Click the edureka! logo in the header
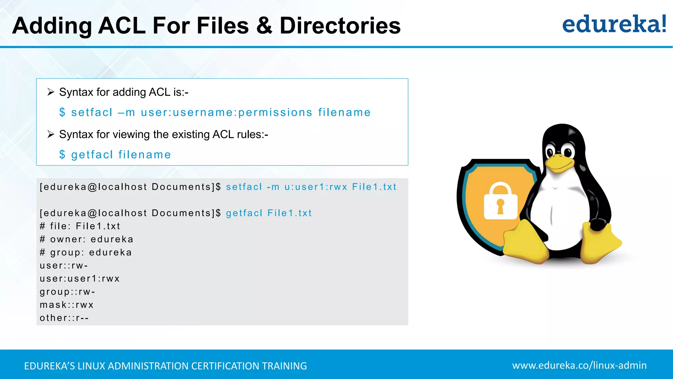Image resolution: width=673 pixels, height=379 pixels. [x=614, y=24]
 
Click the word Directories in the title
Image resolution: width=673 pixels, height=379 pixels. [x=340, y=26]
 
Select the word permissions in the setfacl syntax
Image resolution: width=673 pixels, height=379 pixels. [x=275, y=113]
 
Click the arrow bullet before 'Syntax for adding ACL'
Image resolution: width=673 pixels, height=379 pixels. [x=51, y=92]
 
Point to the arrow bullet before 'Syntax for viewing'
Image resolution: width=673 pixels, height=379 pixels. [x=51, y=134]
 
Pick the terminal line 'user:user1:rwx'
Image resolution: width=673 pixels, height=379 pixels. [x=80, y=279]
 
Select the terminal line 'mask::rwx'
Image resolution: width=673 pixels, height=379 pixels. [x=67, y=305]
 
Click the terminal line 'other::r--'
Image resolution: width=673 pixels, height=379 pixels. [x=64, y=318]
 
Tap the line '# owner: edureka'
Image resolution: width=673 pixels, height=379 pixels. [x=86, y=239]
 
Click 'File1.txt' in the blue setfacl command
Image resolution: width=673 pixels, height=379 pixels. [x=374, y=187]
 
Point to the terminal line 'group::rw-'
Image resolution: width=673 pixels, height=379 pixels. [x=67, y=292]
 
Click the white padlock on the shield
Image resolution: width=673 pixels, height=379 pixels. [x=500, y=201]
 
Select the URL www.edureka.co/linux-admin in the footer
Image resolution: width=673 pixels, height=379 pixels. [x=579, y=365]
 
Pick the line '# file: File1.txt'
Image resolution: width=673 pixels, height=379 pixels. [x=80, y=226]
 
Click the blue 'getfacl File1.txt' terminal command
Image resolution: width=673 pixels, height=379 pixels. [x=268, y=213]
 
